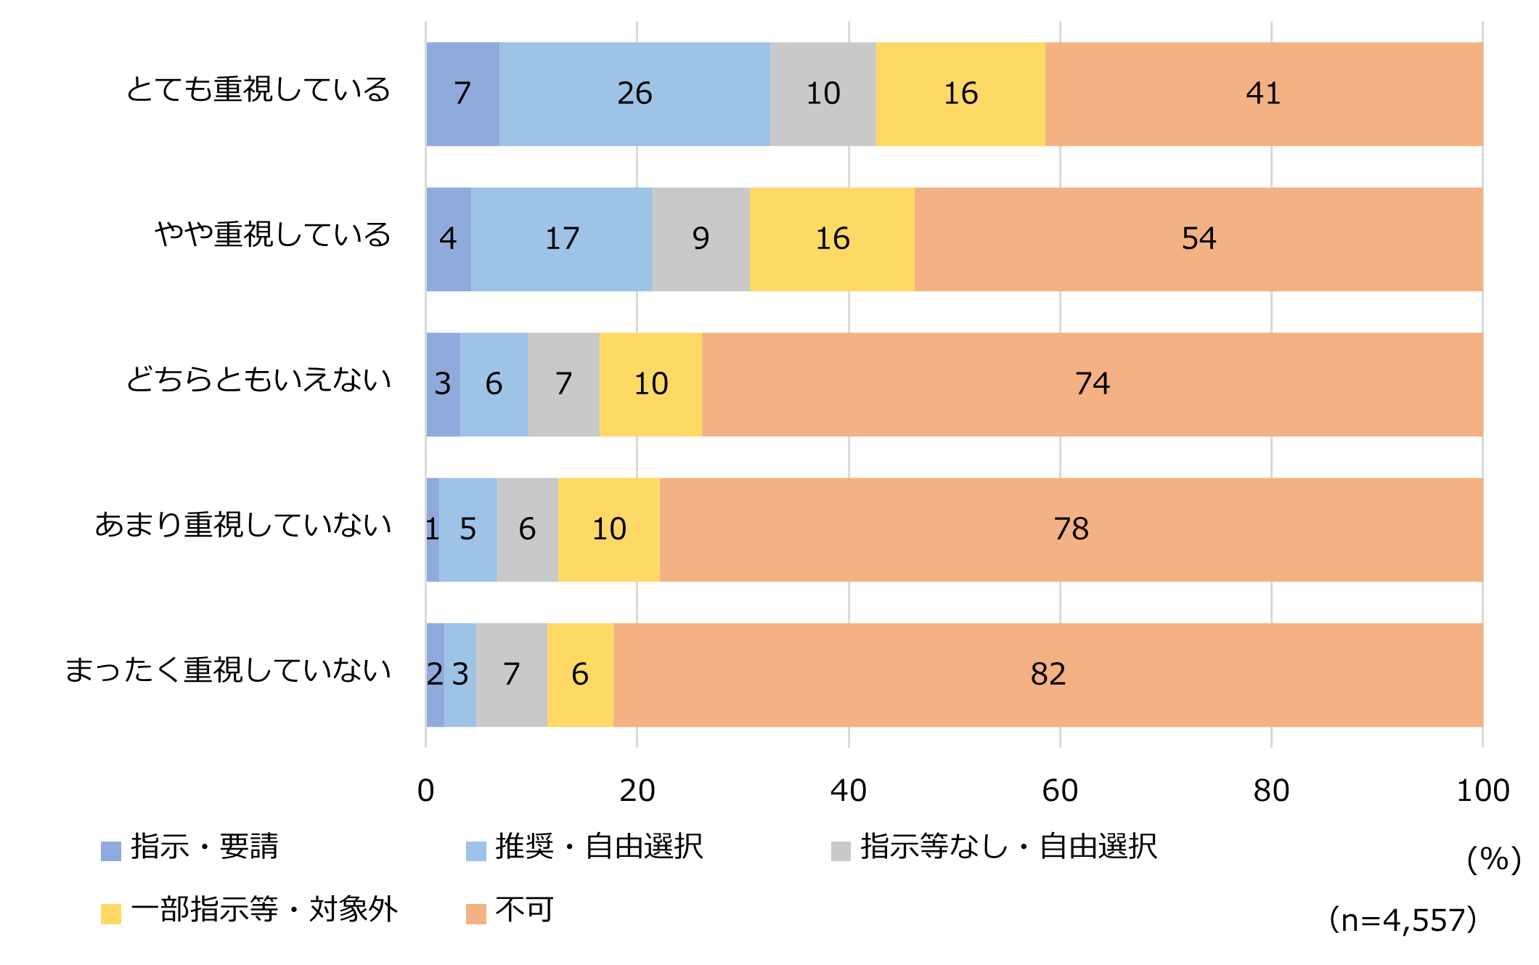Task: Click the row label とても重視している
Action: pos(258,89)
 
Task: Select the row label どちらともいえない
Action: pos(258,380)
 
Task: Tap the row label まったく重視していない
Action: pos(228,670)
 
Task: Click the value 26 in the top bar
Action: pos(634,94)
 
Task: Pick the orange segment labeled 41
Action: pos(1263,94)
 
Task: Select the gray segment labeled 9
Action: pos(701,239)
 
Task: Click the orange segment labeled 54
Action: pos(1199,239)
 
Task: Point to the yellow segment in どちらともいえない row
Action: pos(650,384)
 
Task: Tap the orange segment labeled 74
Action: pos(1092,384)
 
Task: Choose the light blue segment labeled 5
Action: pos(468,529)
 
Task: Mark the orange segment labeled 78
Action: pos(1071,529)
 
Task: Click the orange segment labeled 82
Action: pos(1048,675)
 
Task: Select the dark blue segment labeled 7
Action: pos(462,94)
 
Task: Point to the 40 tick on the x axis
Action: pos(848,790)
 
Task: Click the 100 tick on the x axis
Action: pos(1482,790)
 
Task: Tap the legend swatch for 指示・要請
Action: pos(110,851)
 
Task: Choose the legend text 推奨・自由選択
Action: pos(599,847)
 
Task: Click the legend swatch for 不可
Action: pos(475,913)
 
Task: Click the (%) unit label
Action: pos(1493,860)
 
